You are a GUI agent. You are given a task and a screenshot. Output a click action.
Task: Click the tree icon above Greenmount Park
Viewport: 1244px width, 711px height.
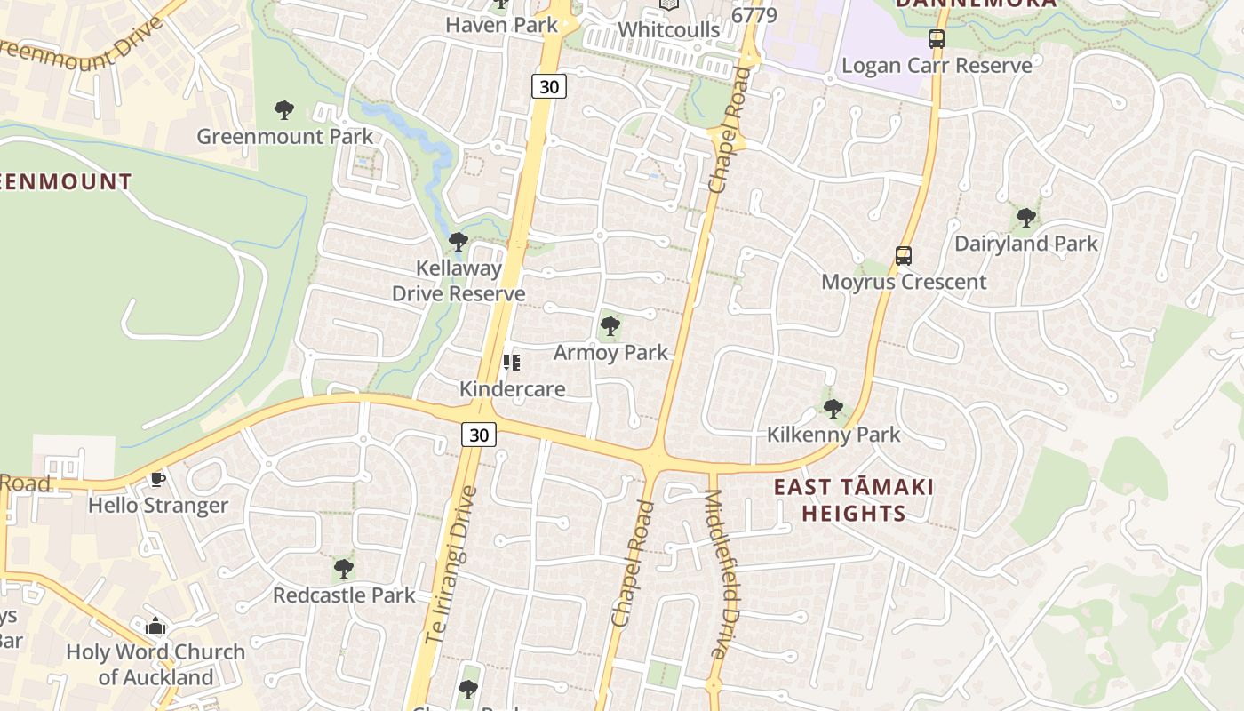click(x=284, y=110)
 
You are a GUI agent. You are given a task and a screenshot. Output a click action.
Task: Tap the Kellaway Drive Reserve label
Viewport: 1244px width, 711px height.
click(x=459, y=281)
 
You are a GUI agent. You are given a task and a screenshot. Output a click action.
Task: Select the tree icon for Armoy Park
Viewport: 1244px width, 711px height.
click(x=610, y=327)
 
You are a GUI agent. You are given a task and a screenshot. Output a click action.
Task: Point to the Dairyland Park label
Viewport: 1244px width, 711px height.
click(x=1026, y=244)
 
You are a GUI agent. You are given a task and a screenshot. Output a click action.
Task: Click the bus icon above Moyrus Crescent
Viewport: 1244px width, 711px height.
click(x=904, y=256)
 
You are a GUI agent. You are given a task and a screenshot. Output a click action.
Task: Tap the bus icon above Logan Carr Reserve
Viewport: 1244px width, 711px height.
click(x=937, y=39)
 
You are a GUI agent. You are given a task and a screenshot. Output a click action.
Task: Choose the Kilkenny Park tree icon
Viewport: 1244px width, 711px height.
click(x=833, y=409)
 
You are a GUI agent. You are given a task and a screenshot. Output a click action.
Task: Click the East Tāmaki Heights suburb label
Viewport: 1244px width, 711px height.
click(x=854, y=500)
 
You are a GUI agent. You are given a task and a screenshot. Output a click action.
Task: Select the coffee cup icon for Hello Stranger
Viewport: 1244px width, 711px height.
click(x=157, y=480)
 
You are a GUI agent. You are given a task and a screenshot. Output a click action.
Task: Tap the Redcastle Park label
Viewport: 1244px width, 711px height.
click(x=344, y=595)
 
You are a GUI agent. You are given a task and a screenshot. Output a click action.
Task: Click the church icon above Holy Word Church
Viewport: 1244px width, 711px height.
click(x=155, y=627)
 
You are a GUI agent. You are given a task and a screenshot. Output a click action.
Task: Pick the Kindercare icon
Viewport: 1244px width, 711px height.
click(x=511, y=363)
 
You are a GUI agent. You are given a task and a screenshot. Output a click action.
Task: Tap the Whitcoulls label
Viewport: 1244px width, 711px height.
click(x=668, y=29)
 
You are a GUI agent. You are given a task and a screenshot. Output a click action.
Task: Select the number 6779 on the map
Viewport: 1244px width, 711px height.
click(x=754, y=15)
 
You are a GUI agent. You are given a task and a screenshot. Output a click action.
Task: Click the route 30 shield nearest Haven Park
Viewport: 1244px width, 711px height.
click(x=549, y=86)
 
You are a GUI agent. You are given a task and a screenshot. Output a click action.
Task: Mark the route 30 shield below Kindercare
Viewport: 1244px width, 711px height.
click(x=478, y=435)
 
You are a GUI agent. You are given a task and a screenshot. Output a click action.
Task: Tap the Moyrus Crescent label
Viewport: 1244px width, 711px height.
click(x=904, y=283)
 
